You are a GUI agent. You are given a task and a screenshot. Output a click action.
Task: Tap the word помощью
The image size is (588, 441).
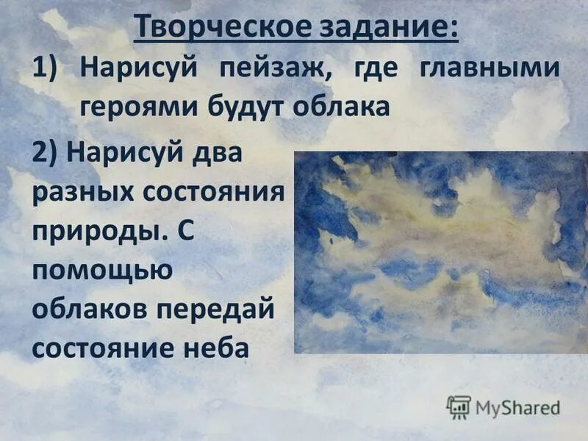[x=102, y=270]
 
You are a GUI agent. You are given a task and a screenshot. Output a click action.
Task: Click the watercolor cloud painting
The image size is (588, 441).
[x=440, y=252]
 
